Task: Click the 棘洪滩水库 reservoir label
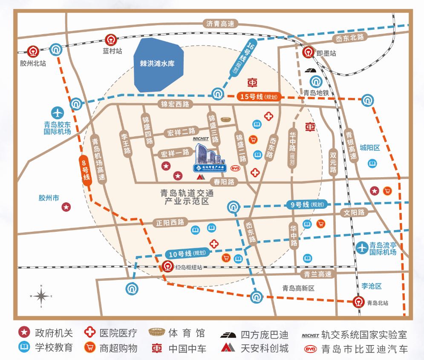pyautogui.click(x=157, y=65)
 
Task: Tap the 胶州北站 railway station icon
pyautogui.click(x=32, y=52)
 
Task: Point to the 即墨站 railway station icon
pyautogui.click(x=308, y=53)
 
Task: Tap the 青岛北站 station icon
pyautogui.click(x=359, y=302)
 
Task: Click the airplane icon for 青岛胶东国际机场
pyautogui.click(x=57, y=113)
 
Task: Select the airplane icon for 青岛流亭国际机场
pyautogui.click(x=362, y=247)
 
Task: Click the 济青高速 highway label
pyautogui.click(x=220, y=24)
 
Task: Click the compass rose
pyautogui.click(x=41, y=295)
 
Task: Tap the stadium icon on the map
pyautogui.click(x=226, y=119)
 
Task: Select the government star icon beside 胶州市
pyautogui.click(x=66, y=207)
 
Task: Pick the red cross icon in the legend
pyautogui.click(x=89, y=332)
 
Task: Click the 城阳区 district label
pyautogui.click(x=369, y=147)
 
